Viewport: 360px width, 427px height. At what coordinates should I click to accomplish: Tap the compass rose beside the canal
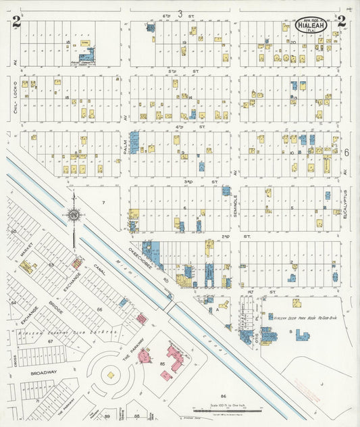(74, 215)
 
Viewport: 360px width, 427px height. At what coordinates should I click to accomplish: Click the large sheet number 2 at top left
(15, 22)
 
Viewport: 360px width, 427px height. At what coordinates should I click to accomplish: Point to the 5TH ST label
(180, 70)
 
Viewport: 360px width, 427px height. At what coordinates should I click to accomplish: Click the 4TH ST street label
(180, 126)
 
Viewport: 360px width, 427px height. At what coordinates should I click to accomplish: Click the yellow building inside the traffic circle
(109, 373)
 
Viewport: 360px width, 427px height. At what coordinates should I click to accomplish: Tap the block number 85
(162, 364)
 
